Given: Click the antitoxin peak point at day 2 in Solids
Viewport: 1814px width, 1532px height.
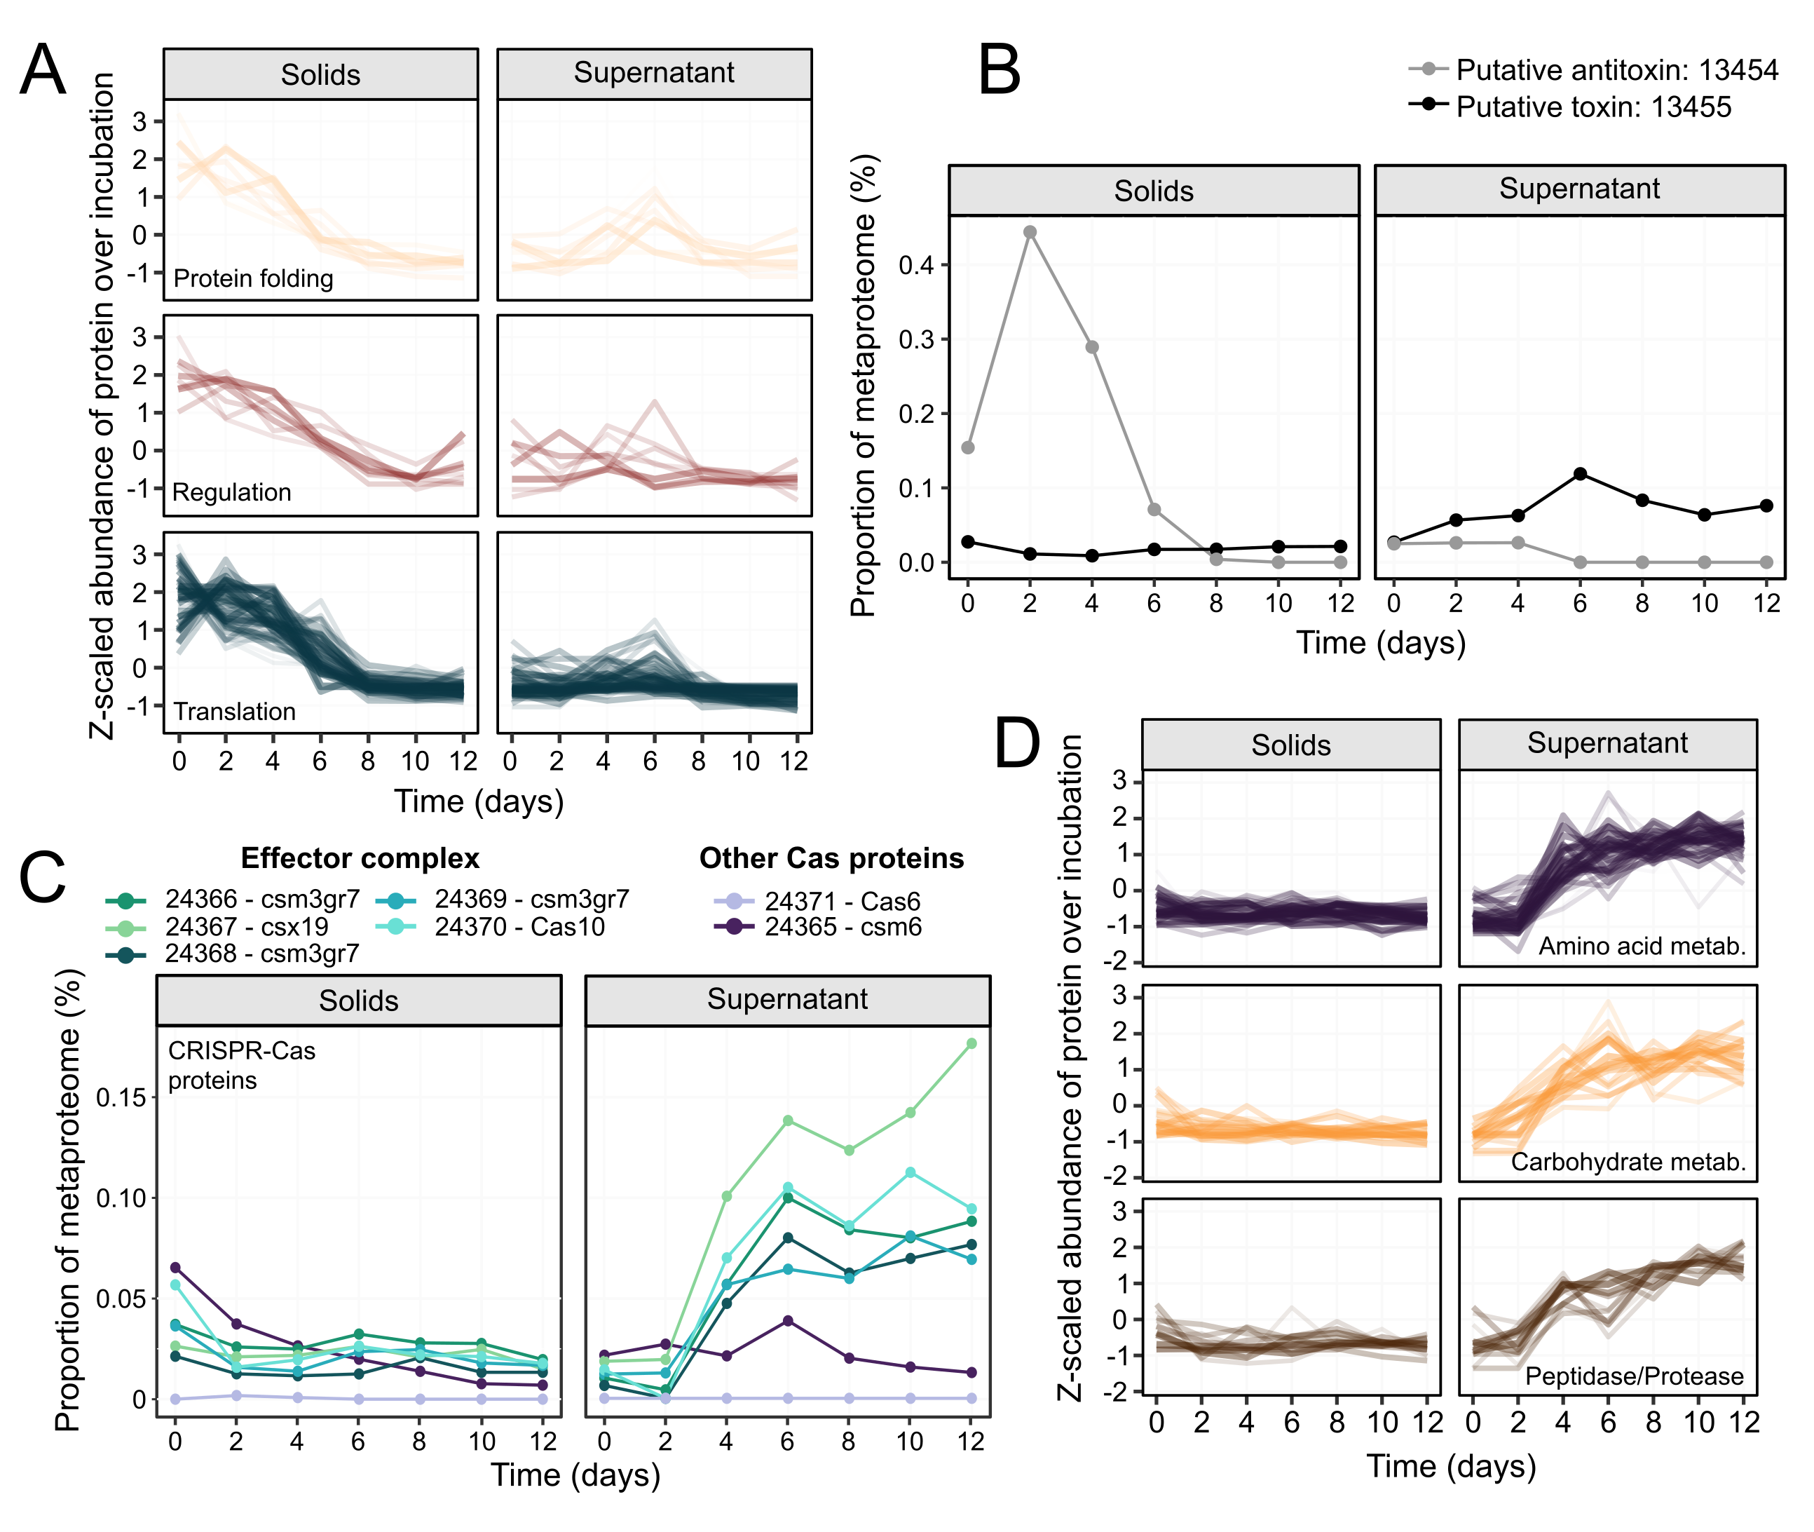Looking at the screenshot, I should click(x=1030, y=232).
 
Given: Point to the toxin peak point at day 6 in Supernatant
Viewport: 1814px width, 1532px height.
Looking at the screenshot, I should click(x=1581, y=474).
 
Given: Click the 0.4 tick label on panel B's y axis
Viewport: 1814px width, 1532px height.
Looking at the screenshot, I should click(x=915, y=265).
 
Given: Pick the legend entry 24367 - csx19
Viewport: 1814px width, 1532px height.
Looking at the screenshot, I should click(x=247, y=927).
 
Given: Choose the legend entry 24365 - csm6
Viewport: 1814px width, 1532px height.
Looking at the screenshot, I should click(x=843, y=927).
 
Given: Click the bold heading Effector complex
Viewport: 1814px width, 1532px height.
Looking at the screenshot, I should click(x=360, y=858).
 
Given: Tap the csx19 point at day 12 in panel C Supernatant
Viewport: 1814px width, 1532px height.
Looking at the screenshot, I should click(x=971, y=1043).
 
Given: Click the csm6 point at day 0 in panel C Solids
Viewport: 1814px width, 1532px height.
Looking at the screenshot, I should click(x=175, y=1267).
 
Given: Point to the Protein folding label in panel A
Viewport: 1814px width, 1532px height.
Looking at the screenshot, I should click(x=254, y=279).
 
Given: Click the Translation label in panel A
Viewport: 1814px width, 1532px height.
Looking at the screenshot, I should click(x=234, y=712).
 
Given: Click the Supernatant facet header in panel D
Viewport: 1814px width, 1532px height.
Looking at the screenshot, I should click(x=1607, y=743).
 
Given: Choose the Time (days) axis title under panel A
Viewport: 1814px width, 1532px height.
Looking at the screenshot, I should click(x=479, y=801).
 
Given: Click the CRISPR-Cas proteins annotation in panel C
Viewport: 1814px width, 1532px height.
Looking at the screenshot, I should click(x=240, y=1066).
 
